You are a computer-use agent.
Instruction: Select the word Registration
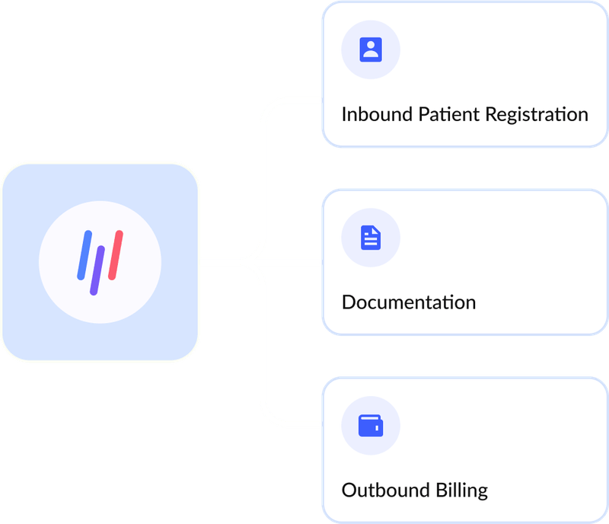(534, 116)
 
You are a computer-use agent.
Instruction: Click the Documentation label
(409, 302)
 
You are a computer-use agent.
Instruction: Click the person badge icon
(371, 50)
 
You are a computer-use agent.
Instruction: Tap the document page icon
(371, 238)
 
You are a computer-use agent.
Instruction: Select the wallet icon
(371, 425)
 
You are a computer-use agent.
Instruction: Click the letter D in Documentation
(349, 302)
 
